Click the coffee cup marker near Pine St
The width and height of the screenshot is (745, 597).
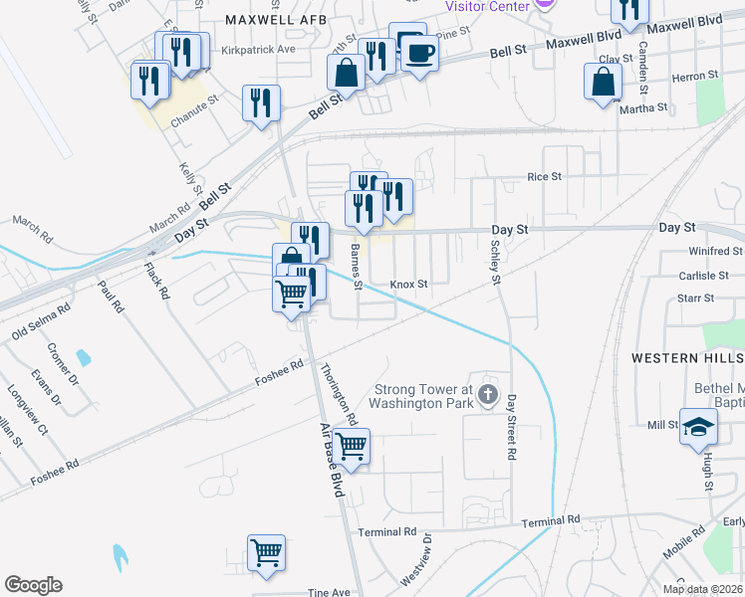418,53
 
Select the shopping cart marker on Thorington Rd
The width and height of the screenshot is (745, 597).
351,446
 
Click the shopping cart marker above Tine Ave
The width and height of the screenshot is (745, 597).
266,552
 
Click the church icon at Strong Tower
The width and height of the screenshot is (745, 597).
487,394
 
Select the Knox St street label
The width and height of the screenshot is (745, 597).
408,284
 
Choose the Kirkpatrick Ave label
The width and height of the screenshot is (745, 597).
260,49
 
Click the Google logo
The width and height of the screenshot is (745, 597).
33,585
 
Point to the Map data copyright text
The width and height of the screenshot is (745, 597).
703,589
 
